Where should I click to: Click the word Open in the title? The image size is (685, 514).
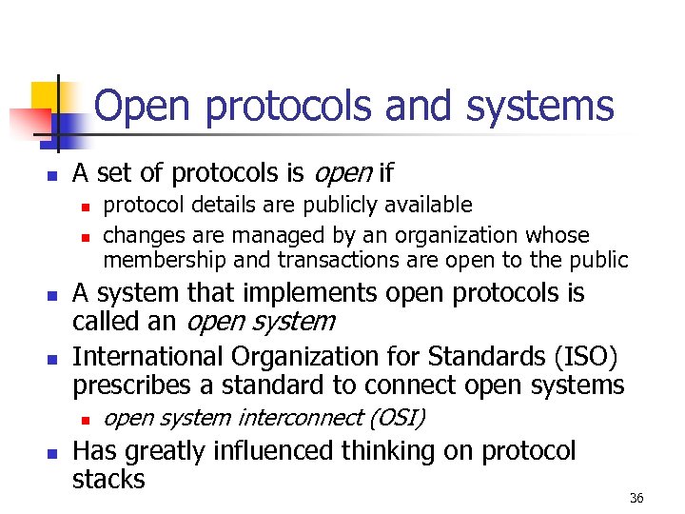146,107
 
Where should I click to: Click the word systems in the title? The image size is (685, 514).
539,107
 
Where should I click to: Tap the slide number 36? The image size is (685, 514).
636,498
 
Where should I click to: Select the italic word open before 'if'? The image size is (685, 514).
339,173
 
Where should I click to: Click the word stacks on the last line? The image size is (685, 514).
108,479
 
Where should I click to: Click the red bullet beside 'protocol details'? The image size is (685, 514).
85,206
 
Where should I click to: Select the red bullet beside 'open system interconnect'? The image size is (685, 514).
85,419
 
